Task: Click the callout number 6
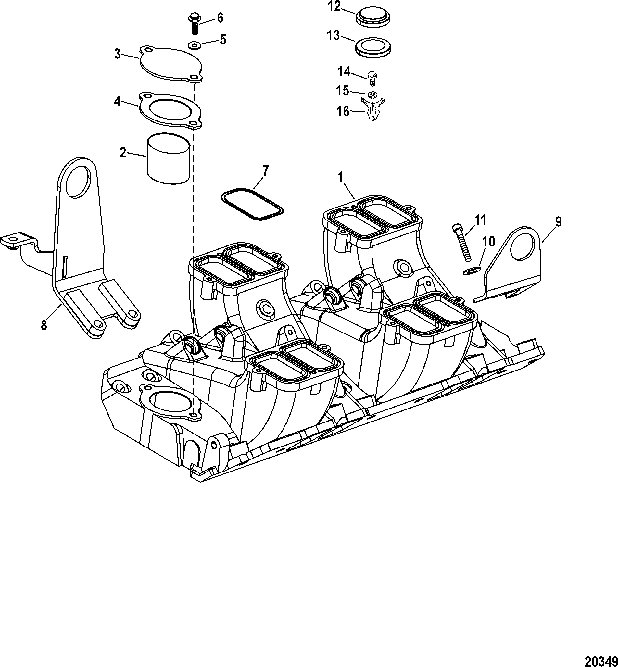point(220,18)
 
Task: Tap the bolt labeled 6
point(194,23)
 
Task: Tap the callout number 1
point(341,177)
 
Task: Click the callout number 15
point(342,91)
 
